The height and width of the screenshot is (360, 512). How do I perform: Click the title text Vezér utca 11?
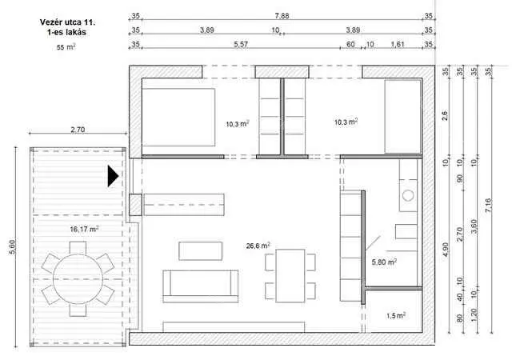click(x=67, y=22)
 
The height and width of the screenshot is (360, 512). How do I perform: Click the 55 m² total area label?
click(x=66, y=47)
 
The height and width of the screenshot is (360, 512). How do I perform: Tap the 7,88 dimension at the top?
click(x=282, y=16)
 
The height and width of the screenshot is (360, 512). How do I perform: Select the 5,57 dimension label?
click(x=241, y=44)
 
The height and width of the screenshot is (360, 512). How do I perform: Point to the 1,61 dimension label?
click(x=398, y=44)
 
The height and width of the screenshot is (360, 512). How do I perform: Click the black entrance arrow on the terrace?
click(x=113, y=176)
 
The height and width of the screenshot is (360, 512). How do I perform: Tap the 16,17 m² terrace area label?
click(x=84, y=229)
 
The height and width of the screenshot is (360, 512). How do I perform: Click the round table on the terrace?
click(x=78, y=279)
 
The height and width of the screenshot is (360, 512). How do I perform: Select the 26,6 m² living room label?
click(x=258, y=246)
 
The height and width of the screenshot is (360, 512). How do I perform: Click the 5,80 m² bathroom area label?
click(x=384, y=262)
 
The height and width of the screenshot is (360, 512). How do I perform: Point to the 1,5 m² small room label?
click(x=396, y=315)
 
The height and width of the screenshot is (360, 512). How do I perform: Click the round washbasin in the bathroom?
click(x=408, y=195)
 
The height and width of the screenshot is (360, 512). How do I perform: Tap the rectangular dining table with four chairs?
click(x=290, y=276)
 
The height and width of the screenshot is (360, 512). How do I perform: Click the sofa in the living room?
click(x=201, y=286)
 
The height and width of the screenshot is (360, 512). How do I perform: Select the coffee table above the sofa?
click(x=201, y=251)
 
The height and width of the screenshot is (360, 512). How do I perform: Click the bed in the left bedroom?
click(x=178, y=117)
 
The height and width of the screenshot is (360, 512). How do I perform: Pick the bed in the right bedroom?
click(x=402, y=116)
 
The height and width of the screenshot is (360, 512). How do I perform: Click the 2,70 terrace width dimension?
click(x=78, y=130)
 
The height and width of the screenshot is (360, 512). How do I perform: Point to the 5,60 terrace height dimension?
click(x=12, y=247)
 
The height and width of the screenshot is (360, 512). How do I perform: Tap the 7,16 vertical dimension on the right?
click(x=488, y=206)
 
